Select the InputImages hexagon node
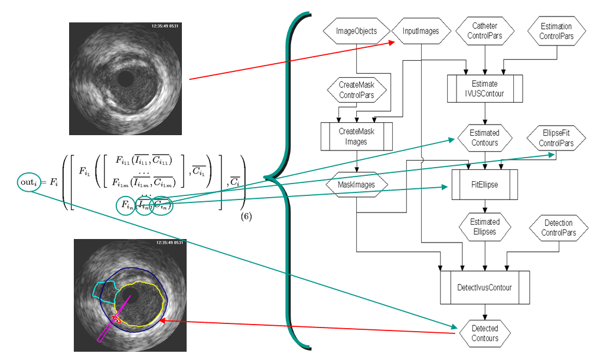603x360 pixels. tap(421, 31)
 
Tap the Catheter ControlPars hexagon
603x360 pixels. tap(485, 31)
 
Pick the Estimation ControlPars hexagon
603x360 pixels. tap(556, 31)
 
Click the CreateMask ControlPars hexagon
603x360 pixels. tap(356, 90)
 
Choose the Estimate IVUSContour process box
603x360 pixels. tap(485, 89)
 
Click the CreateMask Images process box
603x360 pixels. tap(356, 137)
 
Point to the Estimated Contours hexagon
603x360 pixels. tap(485, 138)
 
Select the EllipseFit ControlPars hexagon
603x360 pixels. tap(556, 138)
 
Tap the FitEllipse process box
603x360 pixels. tap(485, 184)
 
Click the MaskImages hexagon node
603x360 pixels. tap(356, 185)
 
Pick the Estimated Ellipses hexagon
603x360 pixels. tap(485, 227)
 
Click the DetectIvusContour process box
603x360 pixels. tap(485, 287)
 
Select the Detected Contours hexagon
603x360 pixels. tap(485, 333)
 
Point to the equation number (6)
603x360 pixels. tap(246, 217)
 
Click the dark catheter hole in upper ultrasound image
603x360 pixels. tap(125, 78)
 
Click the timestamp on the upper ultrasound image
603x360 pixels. tap(168, 26)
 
